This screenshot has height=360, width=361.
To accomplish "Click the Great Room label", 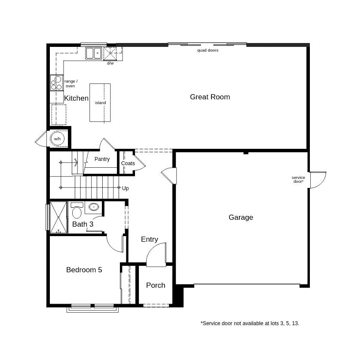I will point(210,97).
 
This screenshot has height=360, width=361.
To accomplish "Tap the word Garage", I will point(241,218).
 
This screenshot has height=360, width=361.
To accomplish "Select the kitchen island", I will point(100,103).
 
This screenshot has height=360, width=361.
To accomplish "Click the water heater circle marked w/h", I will point(57,138).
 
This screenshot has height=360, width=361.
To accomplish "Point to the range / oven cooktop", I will point(56,83).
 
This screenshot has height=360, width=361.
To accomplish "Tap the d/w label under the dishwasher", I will point(110,64).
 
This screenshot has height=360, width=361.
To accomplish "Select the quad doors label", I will point(208,50).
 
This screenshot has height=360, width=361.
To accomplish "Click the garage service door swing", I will point(318,179).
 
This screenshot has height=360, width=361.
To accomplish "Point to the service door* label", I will point(298,179).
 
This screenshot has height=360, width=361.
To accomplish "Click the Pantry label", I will point(102,159).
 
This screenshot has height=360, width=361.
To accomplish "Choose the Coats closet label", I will point(128,163).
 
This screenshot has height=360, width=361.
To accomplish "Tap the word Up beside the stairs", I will point(125,188).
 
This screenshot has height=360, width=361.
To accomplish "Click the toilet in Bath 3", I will point(77,211).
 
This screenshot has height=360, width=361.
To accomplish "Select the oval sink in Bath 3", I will point(94,207).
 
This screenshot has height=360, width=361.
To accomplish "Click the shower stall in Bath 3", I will point(58,217).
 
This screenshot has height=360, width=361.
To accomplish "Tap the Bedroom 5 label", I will point(84,270).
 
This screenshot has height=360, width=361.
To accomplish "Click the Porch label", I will point(156,286).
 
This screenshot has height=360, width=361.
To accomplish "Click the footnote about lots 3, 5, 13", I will point(250,323).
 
